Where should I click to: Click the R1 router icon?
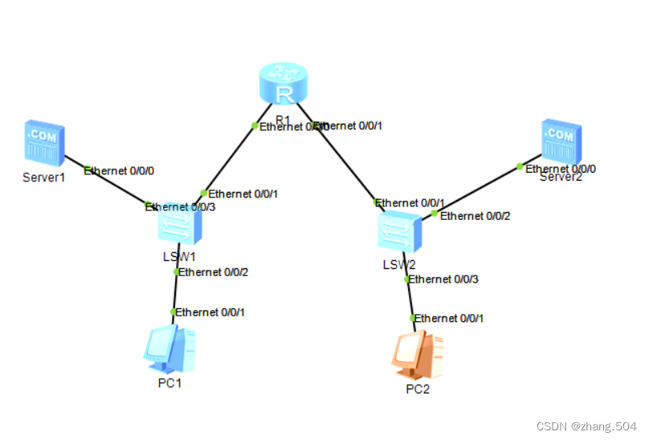(284, 86)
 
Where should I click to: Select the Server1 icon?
(43, 141)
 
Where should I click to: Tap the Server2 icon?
(559, 141)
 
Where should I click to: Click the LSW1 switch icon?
(179, 223)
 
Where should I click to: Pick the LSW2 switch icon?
(399, 234)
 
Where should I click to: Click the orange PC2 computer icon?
(418, 354)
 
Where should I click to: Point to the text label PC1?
(169, 383)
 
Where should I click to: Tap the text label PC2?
(418, 389)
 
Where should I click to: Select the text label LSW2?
(399, 264)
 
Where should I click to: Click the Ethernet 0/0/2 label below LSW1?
(214, 272)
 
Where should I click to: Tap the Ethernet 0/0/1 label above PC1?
(210, 312)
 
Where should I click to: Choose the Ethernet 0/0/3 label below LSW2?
(445, 279)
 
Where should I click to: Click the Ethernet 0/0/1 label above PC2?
(449, 318)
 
